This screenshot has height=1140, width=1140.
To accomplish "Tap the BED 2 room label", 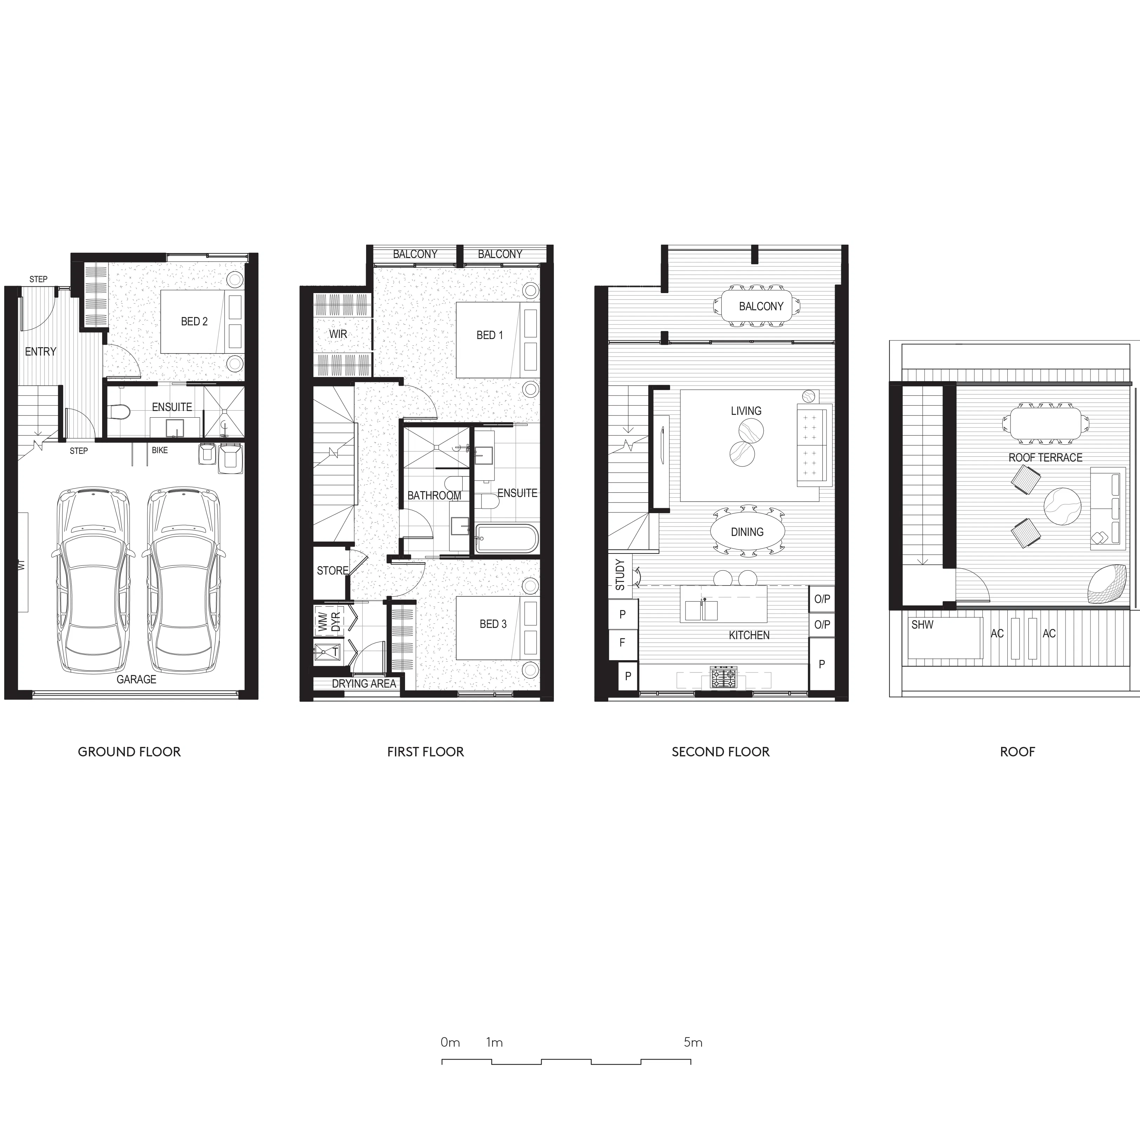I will point(194,322).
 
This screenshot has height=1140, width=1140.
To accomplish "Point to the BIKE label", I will point(159,450).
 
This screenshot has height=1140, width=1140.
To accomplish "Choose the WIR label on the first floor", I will point(338,334).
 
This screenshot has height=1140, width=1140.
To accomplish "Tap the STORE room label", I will point(332,571).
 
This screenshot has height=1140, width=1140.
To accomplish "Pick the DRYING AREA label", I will point(364,684).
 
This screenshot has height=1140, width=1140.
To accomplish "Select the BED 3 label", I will point(493,624).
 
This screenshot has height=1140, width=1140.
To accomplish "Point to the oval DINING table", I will point(747,532).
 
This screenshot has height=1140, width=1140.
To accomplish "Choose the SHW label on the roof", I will point(922,625).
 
